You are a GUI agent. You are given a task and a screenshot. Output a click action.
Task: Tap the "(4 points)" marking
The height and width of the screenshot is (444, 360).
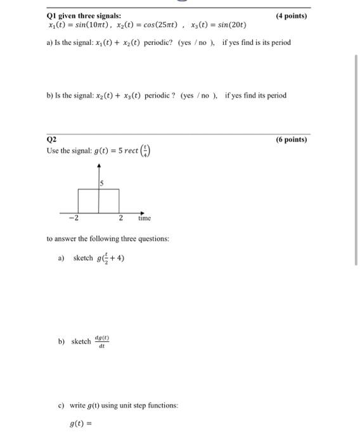pyautogui.click(x=291, y=16)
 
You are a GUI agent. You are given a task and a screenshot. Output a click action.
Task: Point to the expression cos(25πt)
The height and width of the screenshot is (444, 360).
pyautogui.click(x=155, y=25)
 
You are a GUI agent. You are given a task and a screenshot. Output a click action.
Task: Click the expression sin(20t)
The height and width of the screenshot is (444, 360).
pyautogui.click(x=228, y=25)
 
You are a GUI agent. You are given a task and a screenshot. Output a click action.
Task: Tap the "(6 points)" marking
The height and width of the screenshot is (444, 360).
pyautogui.click(x=291, y=140)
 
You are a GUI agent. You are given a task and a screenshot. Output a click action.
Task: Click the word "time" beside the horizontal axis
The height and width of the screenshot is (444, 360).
pyautogui.click(x=145, y=218)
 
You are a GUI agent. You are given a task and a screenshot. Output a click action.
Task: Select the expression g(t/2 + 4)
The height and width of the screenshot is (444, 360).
pyautogui.click(x=110, y=258)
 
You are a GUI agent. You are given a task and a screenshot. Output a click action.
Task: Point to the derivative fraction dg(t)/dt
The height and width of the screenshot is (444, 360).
pyautogui.click(x=102, y=341)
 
